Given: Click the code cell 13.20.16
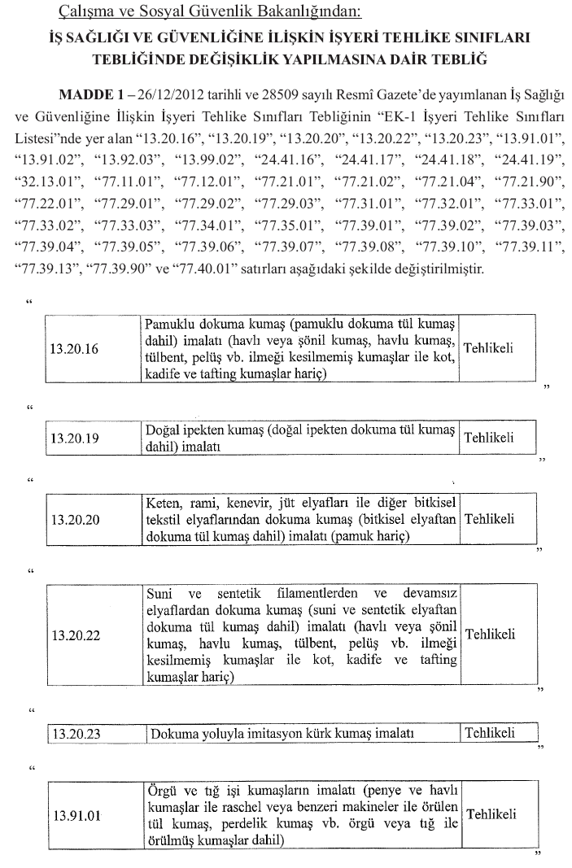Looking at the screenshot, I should point(75,350).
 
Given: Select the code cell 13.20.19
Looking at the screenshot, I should point(75,438).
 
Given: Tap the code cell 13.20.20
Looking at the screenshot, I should point(75,519).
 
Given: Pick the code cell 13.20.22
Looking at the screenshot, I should point(75,635).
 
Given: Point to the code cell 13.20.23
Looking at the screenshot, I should point(75,734).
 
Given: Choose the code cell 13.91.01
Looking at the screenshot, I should point(75,813).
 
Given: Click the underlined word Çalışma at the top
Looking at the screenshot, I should point(85,12).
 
